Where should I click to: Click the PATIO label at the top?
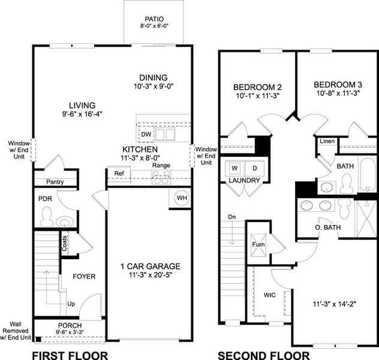point(154,19)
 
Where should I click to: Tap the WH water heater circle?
point(182,197)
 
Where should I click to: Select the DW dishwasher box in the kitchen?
point(146,135)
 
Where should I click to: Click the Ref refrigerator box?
point(118,173)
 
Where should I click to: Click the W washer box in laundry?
point(234,168)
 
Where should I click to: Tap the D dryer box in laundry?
point(254,168)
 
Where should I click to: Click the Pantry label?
point(55,182)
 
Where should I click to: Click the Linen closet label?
point(326,142)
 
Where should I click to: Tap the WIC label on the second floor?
point(270,295)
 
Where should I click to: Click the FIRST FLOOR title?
point(70,355)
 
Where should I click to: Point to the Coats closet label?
point(64,244)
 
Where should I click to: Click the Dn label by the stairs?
point(232,217)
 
